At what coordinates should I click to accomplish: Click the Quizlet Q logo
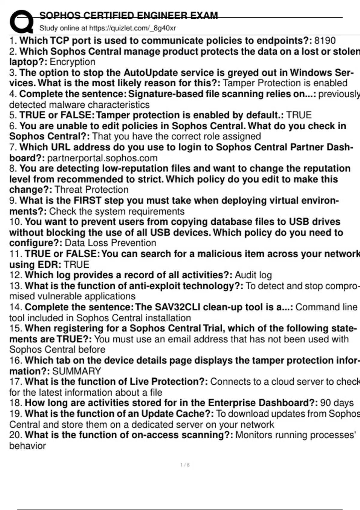(x=21, y=21)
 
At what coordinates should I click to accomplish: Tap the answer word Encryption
(x=72, y=62)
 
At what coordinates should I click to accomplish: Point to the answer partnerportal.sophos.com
(x=102, y=158)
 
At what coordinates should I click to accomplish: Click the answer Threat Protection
(x=91, y=190)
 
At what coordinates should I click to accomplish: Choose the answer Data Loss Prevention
(x=110, y=243)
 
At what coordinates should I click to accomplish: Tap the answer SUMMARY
(x=76, y=371)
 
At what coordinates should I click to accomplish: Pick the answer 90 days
(x=337, y=403)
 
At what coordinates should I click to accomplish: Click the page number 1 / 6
(x=185, y=465)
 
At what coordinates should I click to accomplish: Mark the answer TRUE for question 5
(x=299, y=115)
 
